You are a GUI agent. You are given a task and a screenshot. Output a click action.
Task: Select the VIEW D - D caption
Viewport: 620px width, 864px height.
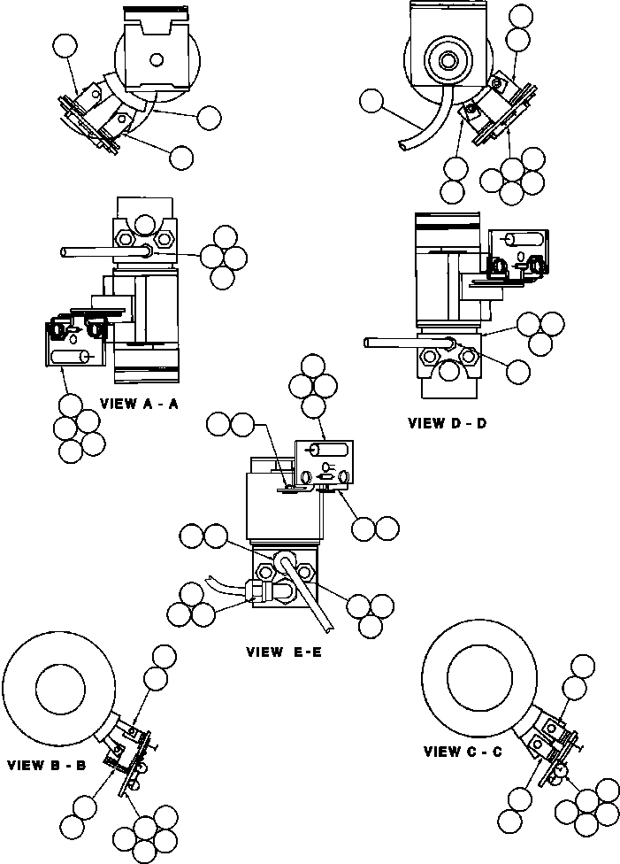447,423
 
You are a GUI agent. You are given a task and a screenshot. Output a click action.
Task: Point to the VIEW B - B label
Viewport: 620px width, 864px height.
45,765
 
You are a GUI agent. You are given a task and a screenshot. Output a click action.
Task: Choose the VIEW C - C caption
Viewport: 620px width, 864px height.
463,752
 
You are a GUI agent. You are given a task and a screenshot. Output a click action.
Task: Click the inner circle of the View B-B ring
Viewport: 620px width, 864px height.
59,687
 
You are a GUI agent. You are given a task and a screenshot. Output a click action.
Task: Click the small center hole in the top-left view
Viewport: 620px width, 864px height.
156,60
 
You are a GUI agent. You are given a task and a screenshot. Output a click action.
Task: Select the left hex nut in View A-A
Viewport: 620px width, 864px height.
125,237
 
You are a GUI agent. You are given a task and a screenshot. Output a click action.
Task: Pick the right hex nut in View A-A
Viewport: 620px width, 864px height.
164,237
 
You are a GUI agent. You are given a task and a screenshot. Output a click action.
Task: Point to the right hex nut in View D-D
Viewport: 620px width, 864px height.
466,357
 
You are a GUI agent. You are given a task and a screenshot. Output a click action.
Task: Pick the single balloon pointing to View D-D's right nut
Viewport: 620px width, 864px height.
517,372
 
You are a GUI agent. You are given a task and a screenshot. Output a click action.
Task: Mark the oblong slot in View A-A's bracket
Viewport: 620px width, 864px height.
69,357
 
